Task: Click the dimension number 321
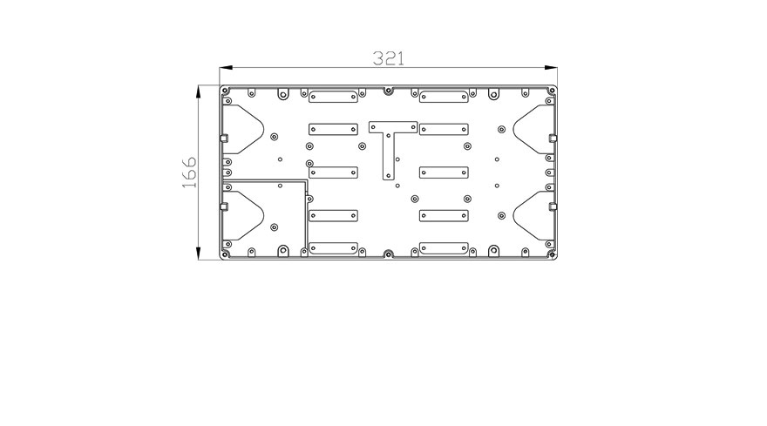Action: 389,58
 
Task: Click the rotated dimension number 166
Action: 189,172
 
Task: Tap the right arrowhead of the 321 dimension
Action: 551,68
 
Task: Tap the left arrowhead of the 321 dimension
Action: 226,68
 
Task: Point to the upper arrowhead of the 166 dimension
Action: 198,92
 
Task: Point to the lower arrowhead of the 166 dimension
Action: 198,253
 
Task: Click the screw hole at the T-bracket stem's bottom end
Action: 389,175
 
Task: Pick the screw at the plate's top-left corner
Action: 225,91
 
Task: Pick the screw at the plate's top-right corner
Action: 553,91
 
